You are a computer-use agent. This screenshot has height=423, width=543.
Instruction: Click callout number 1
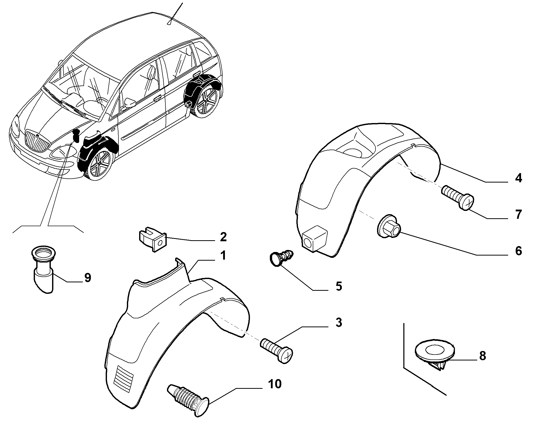pos(223,256)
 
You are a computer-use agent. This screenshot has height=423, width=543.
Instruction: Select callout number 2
pos(223,237)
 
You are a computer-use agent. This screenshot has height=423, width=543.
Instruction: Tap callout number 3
pos(339,323)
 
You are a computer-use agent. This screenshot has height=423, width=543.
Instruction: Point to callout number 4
pos(518,178)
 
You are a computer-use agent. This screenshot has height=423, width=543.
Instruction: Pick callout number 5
pos(339,286)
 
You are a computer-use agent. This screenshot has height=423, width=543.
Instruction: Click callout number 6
pos(518,251)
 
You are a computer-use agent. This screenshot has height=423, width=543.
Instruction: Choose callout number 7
pos(518,214)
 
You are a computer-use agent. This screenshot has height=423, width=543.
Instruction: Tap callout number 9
pos(88,277)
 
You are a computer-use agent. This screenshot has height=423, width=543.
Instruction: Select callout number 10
pos(275,391)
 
